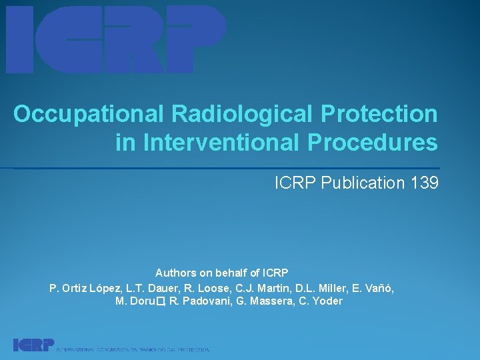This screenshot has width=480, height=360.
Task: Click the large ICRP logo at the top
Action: (x=116, y=39)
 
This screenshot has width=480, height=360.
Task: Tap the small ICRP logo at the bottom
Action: (x=33, y=345)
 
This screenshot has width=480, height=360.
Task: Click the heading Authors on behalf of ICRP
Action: (x=221, y=273)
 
